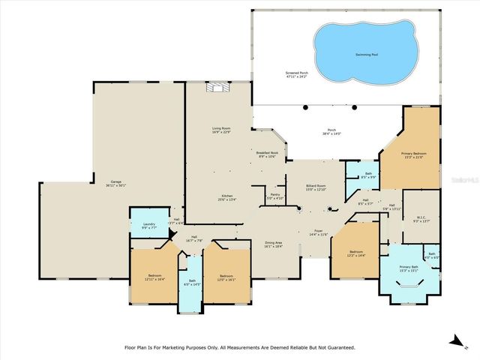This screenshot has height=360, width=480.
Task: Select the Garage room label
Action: click(117, 183)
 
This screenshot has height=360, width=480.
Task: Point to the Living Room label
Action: click(220, 131)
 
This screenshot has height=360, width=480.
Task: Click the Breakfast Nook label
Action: click(268, 155)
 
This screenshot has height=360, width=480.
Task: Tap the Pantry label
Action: click(274, 197)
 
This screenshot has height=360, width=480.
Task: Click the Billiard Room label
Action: click(315, 187)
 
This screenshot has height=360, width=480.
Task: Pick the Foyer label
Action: click(319, 233)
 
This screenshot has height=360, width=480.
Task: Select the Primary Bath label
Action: click(409, 268)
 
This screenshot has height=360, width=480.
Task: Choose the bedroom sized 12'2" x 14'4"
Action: click(357, 254)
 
